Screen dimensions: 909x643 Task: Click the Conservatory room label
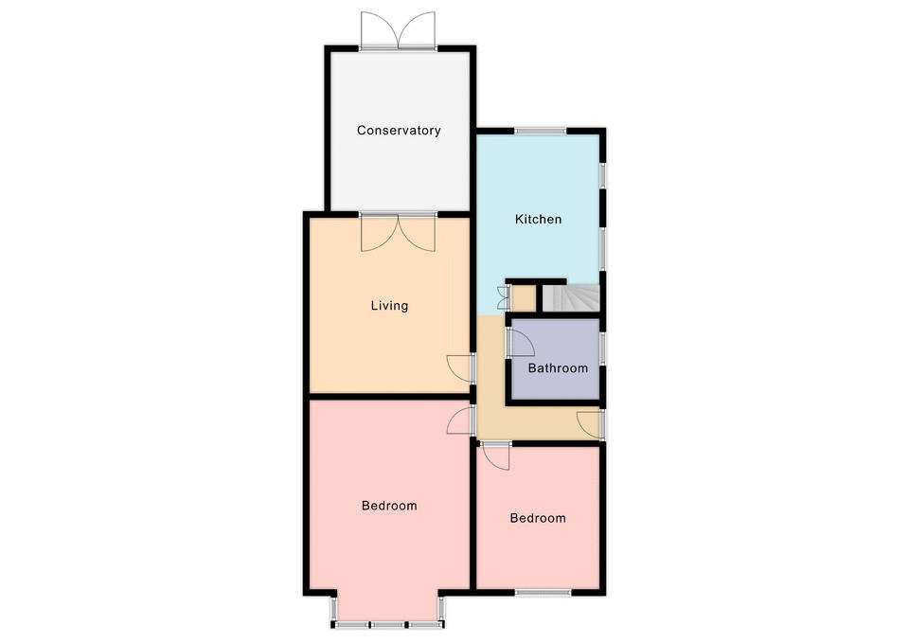(x=399, y=131)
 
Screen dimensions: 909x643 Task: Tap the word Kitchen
(x=538, y=219)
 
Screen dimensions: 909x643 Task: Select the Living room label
(x=389, y=306)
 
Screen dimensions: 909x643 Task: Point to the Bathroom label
(x=558, y=368)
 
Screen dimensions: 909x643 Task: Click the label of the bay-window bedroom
(x=389, y=506)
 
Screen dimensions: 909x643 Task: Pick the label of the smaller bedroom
(x=538, y=518)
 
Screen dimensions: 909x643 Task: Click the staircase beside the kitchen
(x=570, y=298)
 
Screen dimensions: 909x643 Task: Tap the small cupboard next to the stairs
(x=523, y=298)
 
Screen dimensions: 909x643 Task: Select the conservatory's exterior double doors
(x=398, y=30)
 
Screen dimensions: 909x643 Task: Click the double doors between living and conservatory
(x=398, y=233)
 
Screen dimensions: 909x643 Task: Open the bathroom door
(x=521, y=342)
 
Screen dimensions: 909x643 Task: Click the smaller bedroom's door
(x=495, y=455)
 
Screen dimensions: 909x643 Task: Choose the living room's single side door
(x=461, y=368)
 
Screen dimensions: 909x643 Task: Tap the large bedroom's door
(x=461, y=420)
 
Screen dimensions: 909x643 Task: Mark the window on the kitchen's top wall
(x=541, y=131)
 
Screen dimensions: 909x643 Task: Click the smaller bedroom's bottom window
(x=544, y=593)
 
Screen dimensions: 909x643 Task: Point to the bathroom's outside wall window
(x=603, y=348)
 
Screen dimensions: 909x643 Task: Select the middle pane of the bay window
(x=388, y=625)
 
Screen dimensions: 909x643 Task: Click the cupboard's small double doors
(x=503, y=298)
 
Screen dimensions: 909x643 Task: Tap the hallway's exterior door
(x=590, y=424)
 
